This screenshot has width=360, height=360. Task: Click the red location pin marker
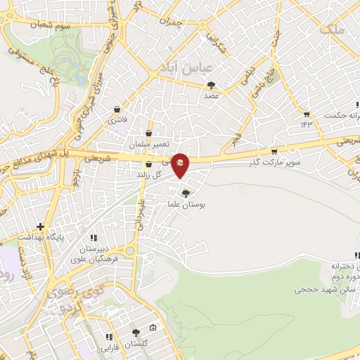click(x=181, y=165)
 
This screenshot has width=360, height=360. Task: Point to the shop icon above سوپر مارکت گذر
click(x=274, y=151)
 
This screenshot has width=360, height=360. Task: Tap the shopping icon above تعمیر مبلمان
click(x=148, y=132)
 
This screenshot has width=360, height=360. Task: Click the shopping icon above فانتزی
click(x=117, y=110)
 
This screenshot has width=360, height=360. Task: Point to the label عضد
click(x=212, y=95)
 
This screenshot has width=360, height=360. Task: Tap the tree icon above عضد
click(x=212, y=84)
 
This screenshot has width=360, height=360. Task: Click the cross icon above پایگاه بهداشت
click(x=41, y=227)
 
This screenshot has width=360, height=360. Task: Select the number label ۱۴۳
click(x=306, y=124)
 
